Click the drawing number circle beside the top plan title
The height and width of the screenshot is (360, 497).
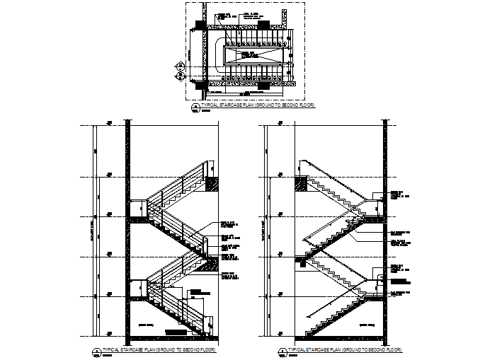click(x=195, y=106)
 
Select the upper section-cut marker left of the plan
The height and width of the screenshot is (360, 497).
click(x=181, y=67)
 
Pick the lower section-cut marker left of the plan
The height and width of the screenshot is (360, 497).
click(x=181, y=76)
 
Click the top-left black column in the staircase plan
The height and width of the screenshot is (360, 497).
click(x=200, y=25)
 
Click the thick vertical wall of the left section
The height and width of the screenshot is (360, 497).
click(x=127, y=226)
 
